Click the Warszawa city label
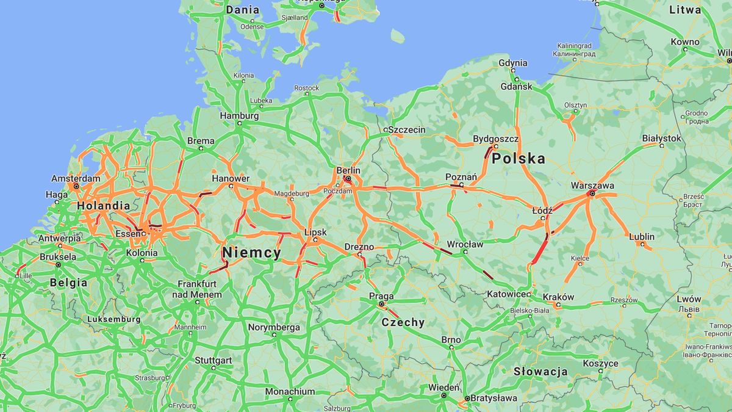pyautogui.click(x=592, y=185)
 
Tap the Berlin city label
pyautogui.click(x=348, y=170)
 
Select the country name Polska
pyautogui.click(x=518, y=159)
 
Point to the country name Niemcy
pyautogui.click(x=251, y=252)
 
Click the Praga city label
pyautogui.click(x=381, y=296)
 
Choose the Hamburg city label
pyautogui.click(x=239, y=115)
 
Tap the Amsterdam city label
pyautogui.click(x=76, y=178)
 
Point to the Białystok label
pyautogui.click(x=661, y=138)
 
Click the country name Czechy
pyautogui.click(x=403, y=322)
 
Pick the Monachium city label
pyautogui.click(x=290, y=391)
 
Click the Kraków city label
pyautogui.click(x=558, y=297)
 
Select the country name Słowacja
pyautogui.click(x=540, y=371)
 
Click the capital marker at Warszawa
pyautogui.click(x=591, y=193)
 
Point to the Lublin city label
pyautogui.click(x=642, y=236)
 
